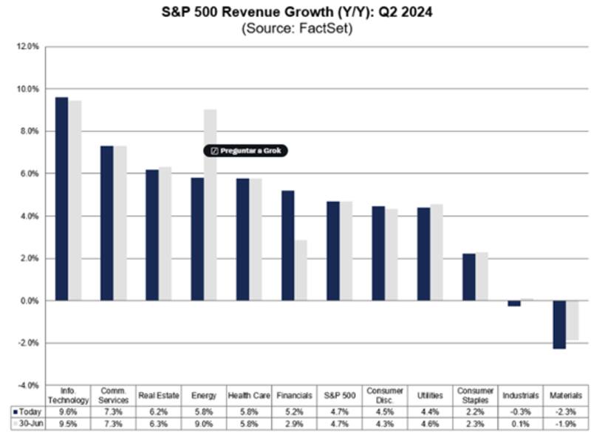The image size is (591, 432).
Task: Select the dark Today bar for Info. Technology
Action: pos(61,199)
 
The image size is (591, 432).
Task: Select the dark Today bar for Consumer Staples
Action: pos(469,277)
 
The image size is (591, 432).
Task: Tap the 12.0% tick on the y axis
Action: pos(27,47)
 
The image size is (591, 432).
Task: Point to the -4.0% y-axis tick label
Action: pos(27,386)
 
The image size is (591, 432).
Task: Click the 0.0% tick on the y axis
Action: pos(29,301)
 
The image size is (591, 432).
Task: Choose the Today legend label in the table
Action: pos(28,411)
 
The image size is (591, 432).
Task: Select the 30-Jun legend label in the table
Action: pos(28,423)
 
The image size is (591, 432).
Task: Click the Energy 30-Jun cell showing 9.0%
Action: pos(204,423)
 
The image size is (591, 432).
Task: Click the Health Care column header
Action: pos(249,396)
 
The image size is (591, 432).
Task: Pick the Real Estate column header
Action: pos(158,396)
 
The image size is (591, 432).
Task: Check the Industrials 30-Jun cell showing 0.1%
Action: pos(520,423)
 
